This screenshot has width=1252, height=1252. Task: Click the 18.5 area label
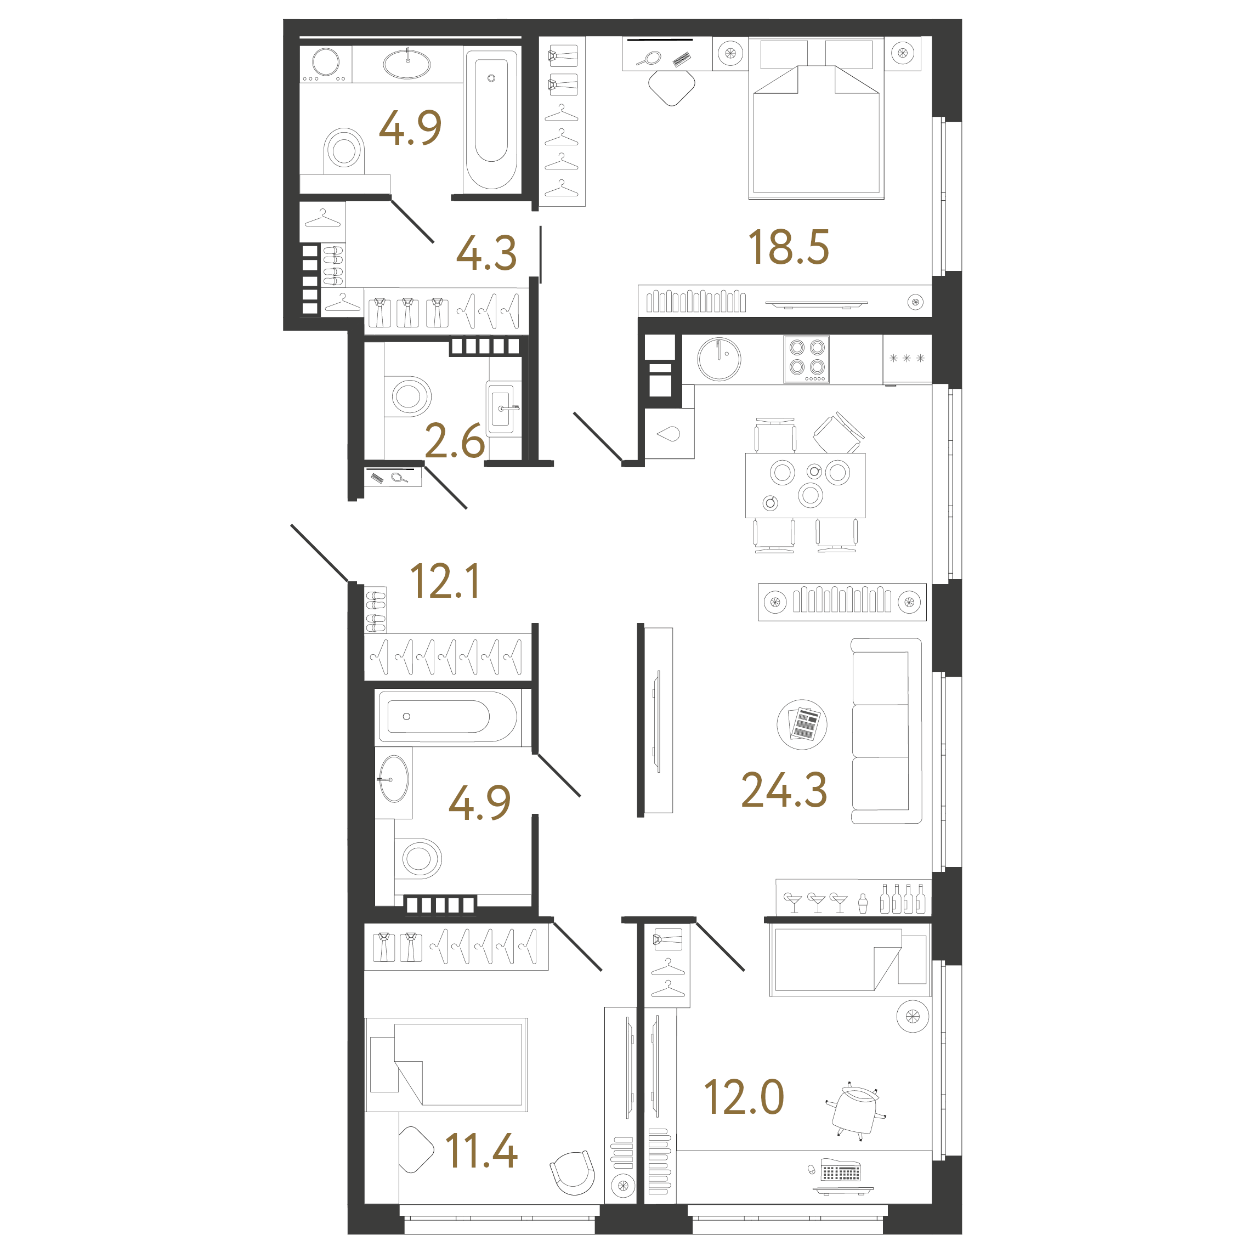[788, 247]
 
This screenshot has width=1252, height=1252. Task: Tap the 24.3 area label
[784, 790]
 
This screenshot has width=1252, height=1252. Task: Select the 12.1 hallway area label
[445, 581]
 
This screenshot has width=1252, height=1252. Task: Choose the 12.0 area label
[744, 1097]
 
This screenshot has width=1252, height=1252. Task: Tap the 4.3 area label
[486, 253]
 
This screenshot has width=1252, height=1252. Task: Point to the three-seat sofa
[886, 731]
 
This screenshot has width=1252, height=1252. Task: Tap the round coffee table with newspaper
[802, 724]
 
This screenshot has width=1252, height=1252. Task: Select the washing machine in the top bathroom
[325, 64]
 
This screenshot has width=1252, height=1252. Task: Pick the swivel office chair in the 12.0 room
[856, 1111]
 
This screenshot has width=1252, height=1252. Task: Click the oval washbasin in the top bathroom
[407, 64]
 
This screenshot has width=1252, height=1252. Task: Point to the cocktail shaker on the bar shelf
[863, 903]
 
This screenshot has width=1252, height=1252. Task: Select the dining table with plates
[806, 485]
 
